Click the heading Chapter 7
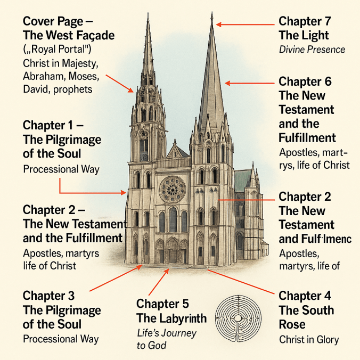[305, 22]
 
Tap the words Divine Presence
[312, 50]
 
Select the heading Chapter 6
[305, 82]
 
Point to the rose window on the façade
[173, 189]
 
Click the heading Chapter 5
[162, 305]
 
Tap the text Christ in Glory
[309, 339]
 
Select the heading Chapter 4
[305, 296]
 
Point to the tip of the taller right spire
[212, 14]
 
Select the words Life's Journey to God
[166, 339]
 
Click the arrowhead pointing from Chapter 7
[218, 24]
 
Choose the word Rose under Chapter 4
[294, 324]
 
